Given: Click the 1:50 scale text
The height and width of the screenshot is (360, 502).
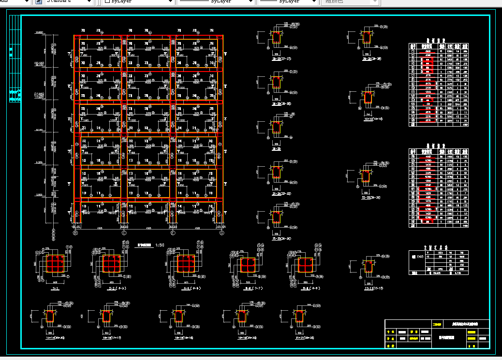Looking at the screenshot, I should point(160,245).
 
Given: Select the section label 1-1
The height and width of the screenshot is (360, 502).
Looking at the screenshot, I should point(55,288).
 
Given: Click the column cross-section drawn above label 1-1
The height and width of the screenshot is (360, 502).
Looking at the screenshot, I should point(55,264).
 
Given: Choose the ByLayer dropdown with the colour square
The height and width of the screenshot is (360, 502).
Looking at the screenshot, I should point(138,2).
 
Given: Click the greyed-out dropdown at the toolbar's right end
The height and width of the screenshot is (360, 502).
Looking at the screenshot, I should point(349,2).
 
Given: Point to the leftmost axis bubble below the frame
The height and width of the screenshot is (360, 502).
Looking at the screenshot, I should point(75,232).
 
